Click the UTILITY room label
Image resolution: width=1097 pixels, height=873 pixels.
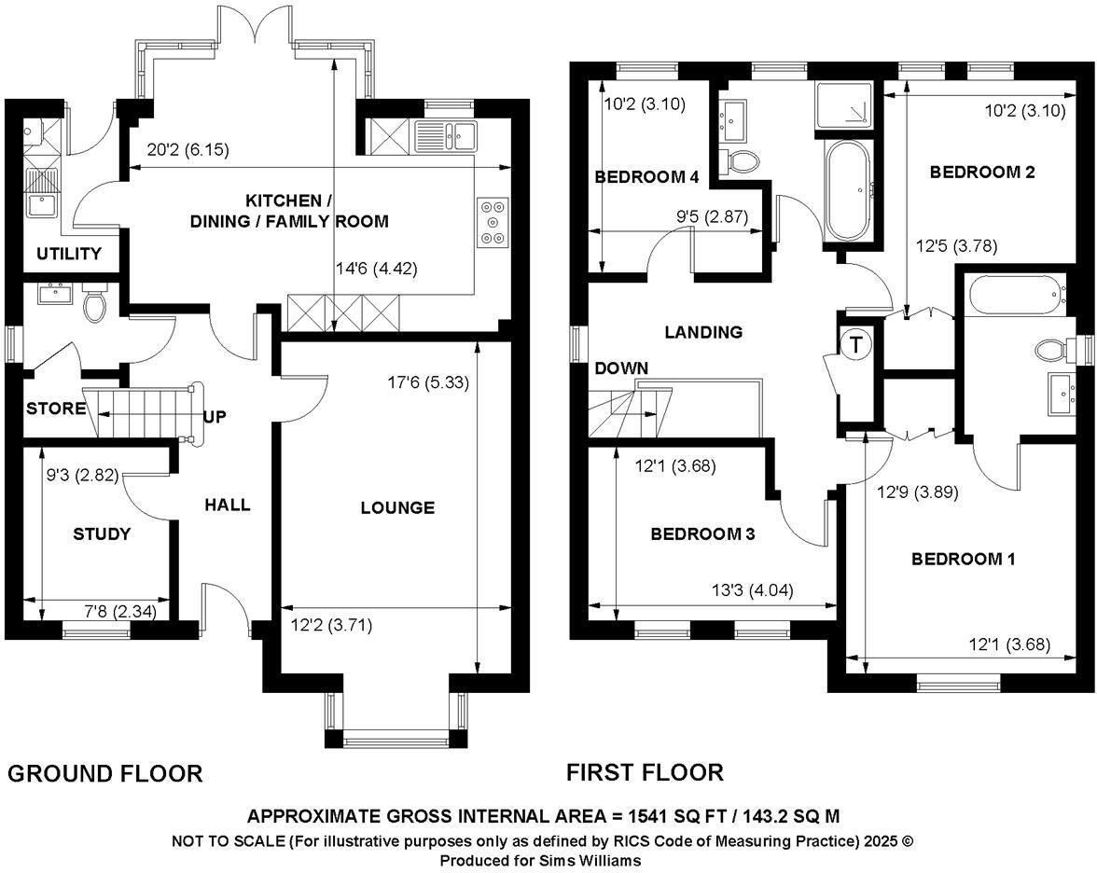coord(69,254)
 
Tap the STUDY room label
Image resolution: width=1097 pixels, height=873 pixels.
coord(103,534)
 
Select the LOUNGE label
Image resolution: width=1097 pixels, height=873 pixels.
coord(397,507)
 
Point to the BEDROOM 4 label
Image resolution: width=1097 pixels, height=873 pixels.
coord(646,177)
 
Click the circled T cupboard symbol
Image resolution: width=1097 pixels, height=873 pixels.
coord(855,344)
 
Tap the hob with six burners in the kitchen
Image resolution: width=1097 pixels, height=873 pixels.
coord(493,222)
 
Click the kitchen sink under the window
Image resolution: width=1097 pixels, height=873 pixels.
coord(445,135)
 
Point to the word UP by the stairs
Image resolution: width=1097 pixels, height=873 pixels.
coord(215,417)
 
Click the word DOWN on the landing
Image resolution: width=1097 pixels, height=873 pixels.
coord(621,367)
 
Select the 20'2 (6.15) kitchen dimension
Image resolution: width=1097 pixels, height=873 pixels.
coord(188,149)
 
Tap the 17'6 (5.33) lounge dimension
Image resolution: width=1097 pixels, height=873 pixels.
coord(428,382)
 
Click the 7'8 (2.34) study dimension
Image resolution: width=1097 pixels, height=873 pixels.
coord(120,612)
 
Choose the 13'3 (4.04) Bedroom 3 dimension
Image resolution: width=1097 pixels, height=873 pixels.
coord(753,590)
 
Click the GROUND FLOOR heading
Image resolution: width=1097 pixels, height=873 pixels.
coord(104,774)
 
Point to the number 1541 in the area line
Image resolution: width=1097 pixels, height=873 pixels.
coord(646,816)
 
